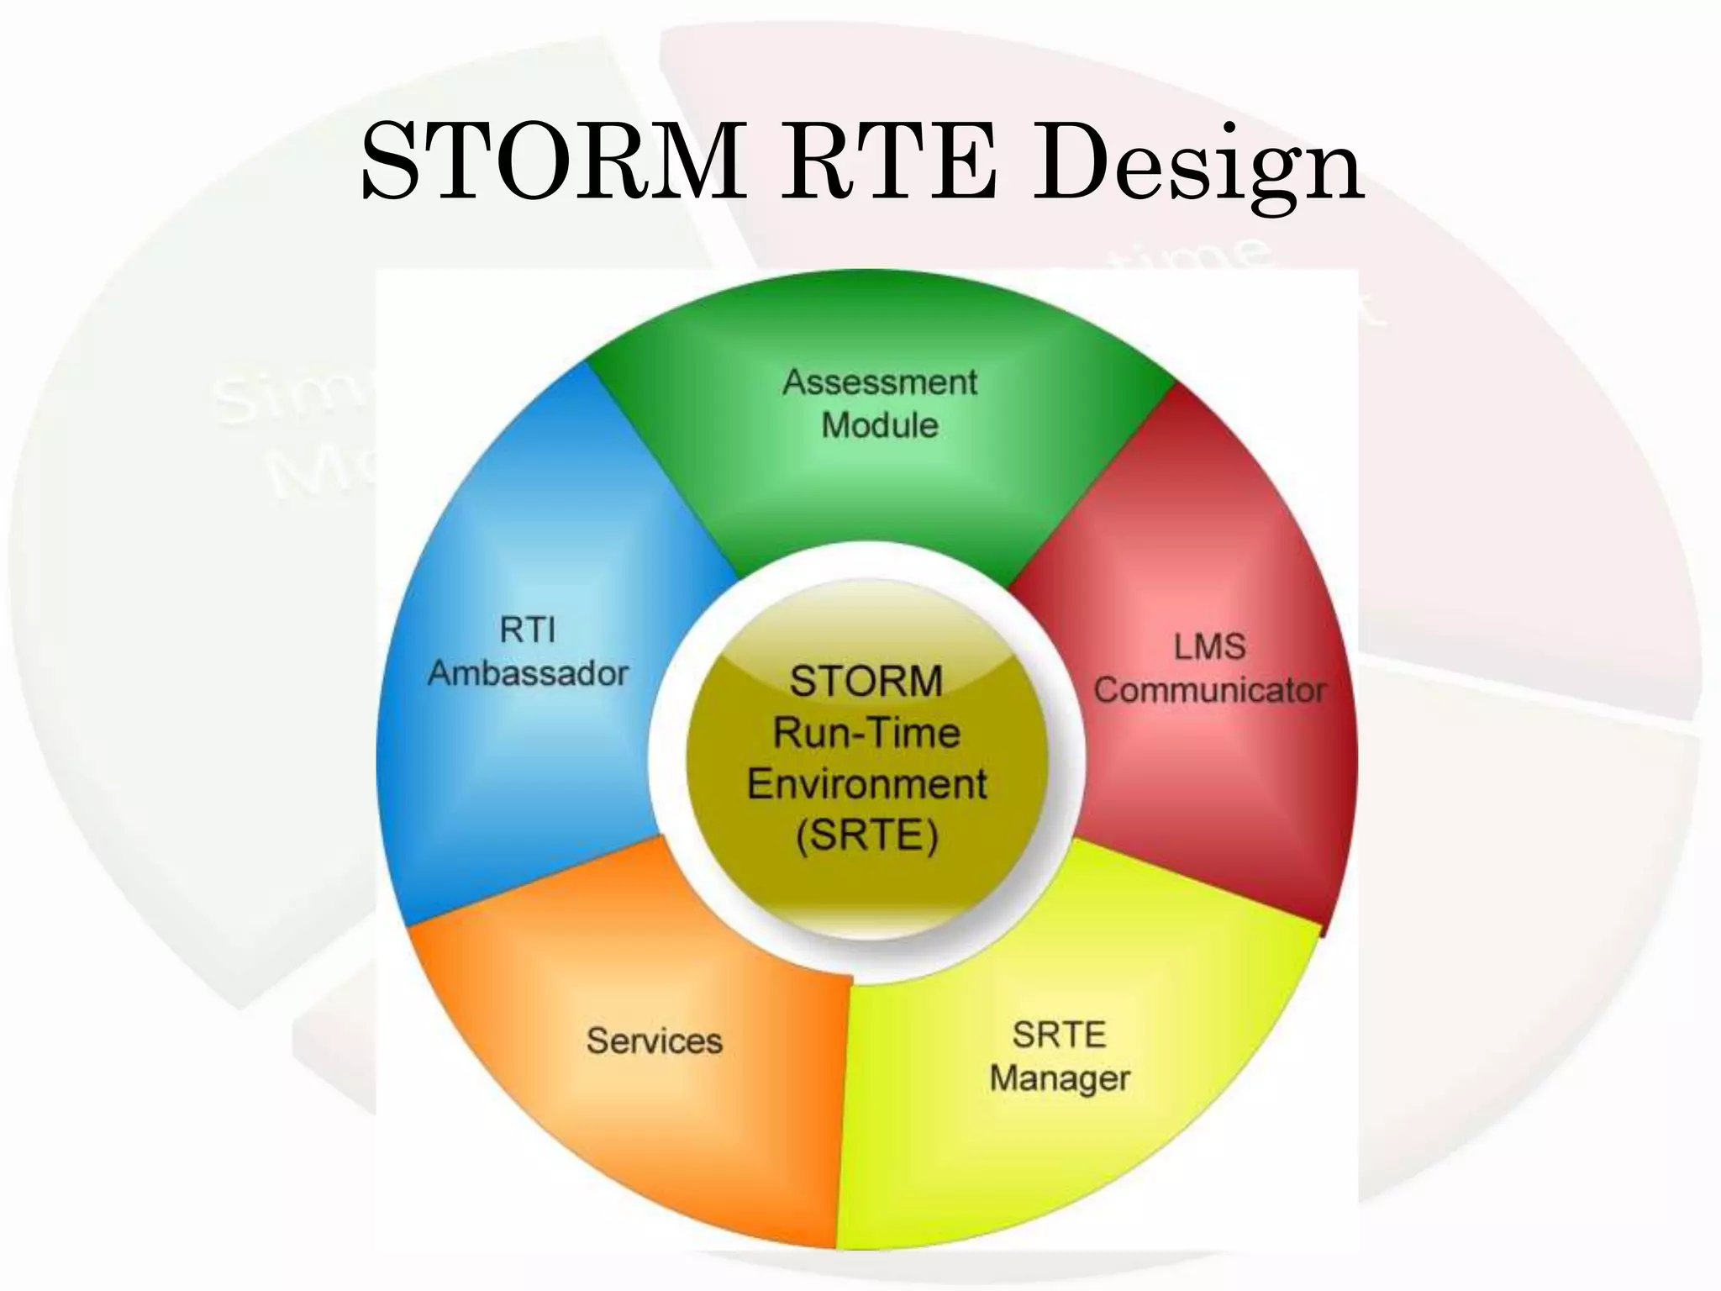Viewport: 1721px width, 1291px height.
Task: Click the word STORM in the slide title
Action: (551, 161)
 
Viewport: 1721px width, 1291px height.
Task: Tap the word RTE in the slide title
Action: (891, 161)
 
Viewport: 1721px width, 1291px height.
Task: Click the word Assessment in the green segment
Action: (880, 382)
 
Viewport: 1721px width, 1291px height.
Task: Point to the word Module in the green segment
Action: (880, 425)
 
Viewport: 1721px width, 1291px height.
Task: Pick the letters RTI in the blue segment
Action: (528, 630)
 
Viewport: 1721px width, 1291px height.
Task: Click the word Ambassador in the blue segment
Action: (528, 673)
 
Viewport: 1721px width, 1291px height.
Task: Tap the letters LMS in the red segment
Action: (1209, 647)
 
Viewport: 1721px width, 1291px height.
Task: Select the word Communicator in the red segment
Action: (1209, 691)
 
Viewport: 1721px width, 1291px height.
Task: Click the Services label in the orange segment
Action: (654, 1041)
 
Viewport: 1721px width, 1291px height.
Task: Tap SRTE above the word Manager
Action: (1059, 1035)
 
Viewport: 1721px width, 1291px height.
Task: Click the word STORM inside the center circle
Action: (866, 681)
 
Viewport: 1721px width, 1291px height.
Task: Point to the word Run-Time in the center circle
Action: (866, 733)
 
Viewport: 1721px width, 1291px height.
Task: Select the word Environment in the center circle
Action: (866, 785)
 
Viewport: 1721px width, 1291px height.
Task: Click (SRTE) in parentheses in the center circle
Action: (866, 837)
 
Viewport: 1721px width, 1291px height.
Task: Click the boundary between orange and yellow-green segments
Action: (845, 1109)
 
